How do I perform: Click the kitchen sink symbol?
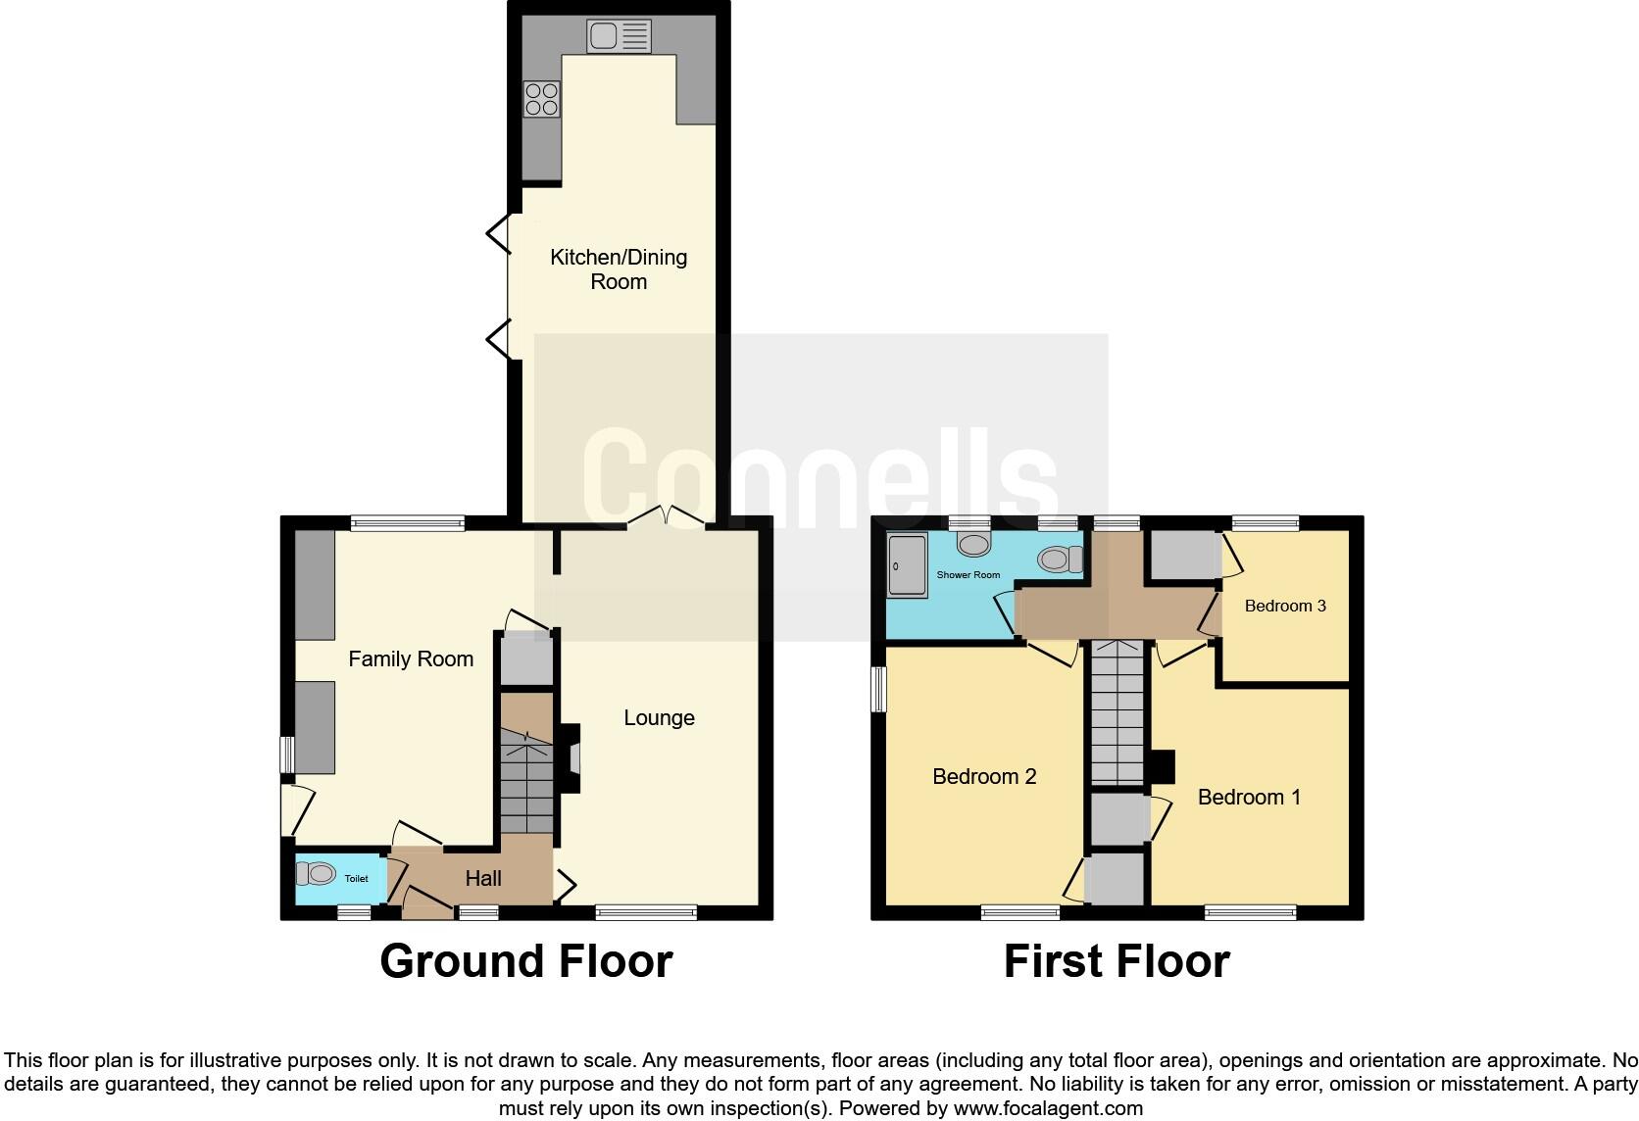point(619,37)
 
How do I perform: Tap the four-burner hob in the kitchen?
point(542,99)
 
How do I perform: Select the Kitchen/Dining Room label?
point(619,269)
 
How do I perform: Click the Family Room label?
point(411,659)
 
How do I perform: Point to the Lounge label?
point(659,718)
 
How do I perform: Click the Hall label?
point(483,879)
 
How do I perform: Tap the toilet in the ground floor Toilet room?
point(317,873)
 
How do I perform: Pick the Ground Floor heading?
point(526,961)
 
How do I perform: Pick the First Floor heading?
point(1117,961)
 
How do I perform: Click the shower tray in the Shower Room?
point(907,565)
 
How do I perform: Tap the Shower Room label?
point(968,575)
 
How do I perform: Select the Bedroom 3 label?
point(1285,607)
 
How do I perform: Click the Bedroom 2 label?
point(984,777)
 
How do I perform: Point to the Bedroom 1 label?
point(1249,798)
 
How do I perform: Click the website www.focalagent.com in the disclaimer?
point(1048,1109)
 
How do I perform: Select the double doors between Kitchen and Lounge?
point(666,516)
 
